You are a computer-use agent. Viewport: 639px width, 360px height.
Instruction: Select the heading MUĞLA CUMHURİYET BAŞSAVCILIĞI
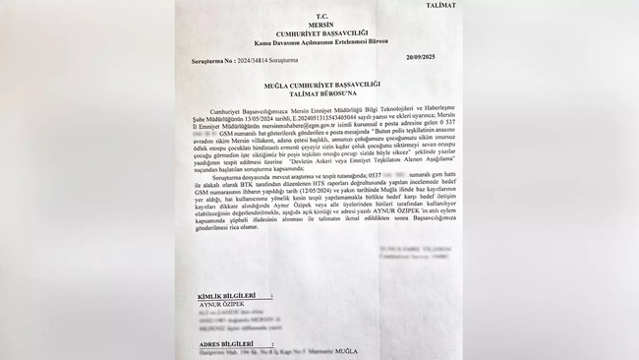click(319, 85)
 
